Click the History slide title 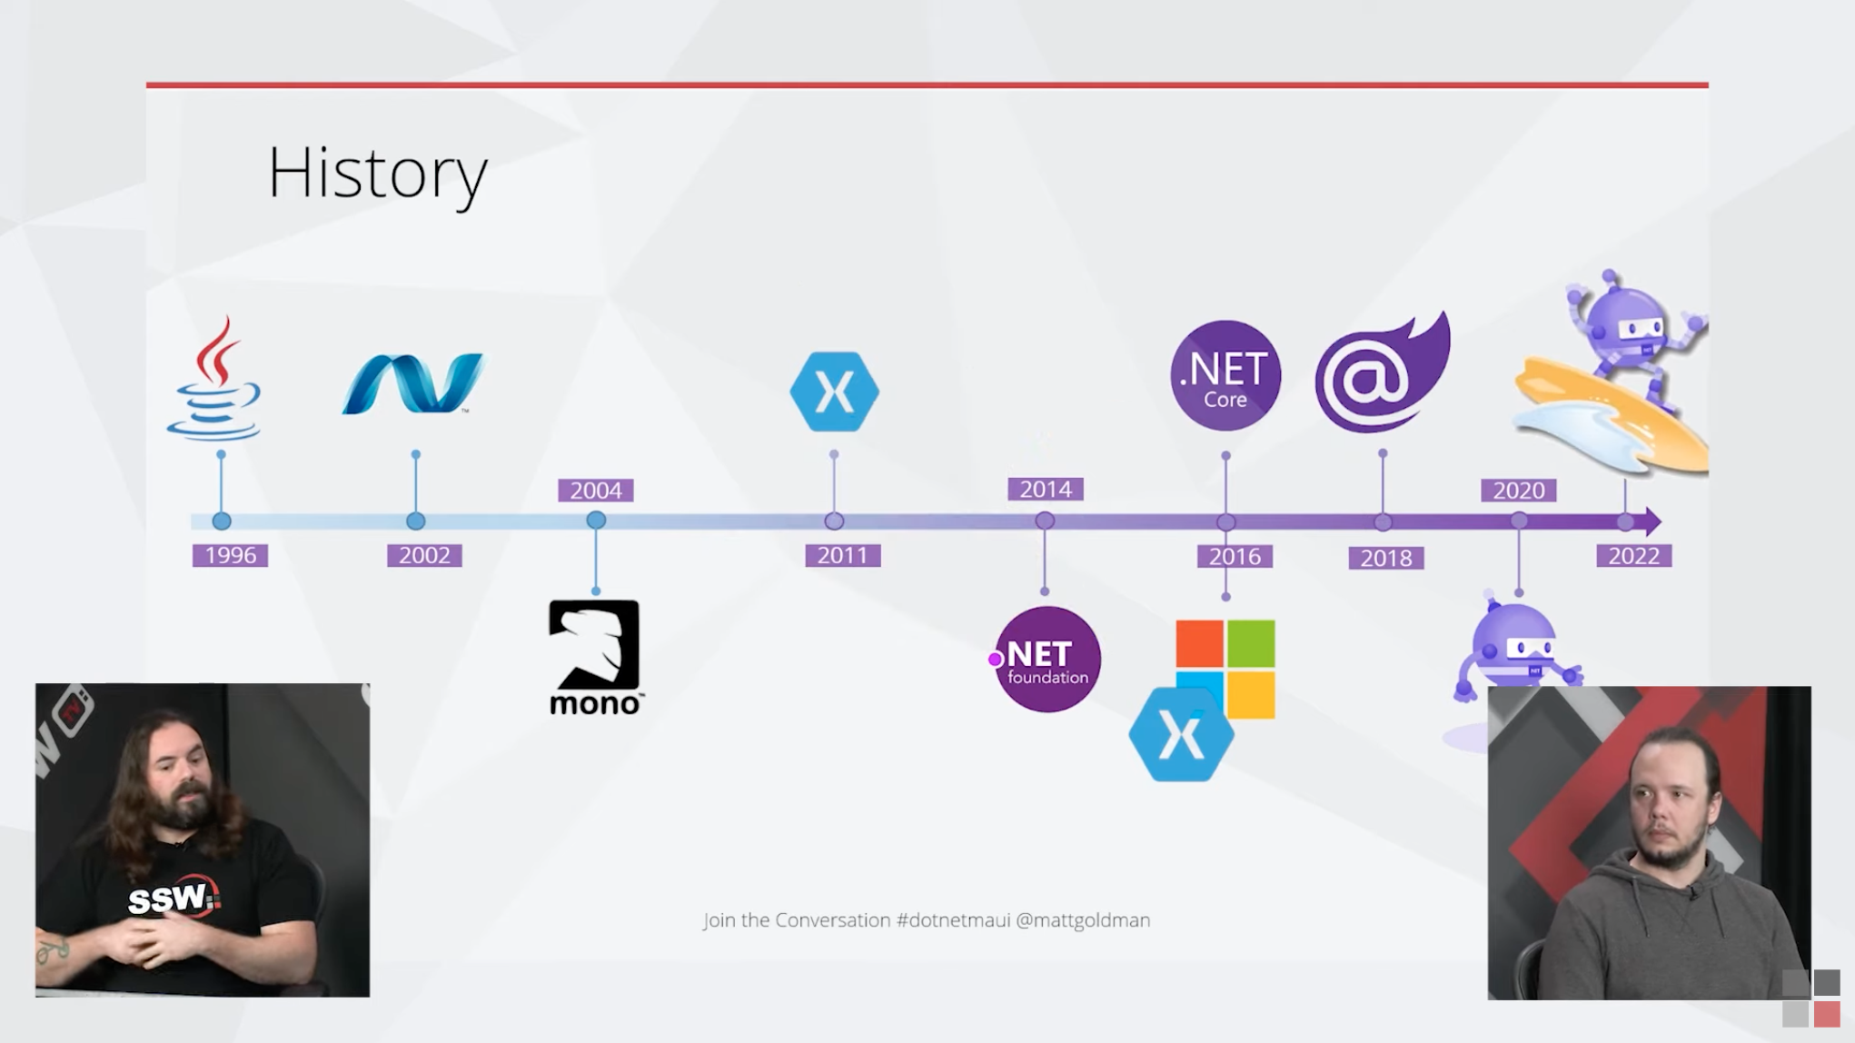tap(378, 174)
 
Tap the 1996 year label tap(230, 555)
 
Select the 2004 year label tap(596, 491)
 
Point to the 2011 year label tap(843, 555)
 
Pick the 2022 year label tap(1634, 556)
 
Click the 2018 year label tap(1386, 558)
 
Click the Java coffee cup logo tap(214, 379)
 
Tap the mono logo tap(596, 657)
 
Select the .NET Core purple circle tap(1225, 375)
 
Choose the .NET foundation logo tap(1047, 660)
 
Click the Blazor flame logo tap(1383, 372)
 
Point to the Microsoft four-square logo tap(1225, 669)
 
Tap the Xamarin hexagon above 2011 tap(835, 392)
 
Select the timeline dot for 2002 tap(416, 521)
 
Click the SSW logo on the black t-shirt tap(174, 899)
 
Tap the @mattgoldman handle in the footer tap(1083, 920)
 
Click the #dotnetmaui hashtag tap(953, 920)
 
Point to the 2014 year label tap(1046, 490)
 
